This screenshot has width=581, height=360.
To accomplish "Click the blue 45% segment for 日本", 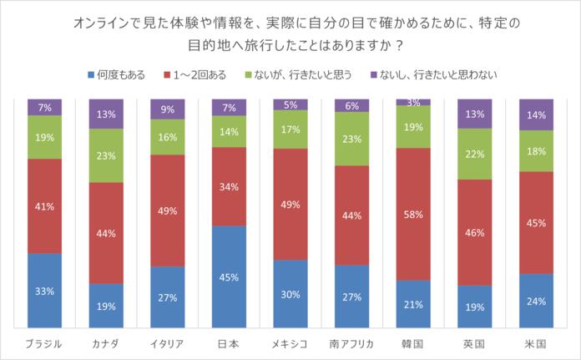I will pyautogui.click(x=228, y=276).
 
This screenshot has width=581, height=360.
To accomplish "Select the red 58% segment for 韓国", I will pyautogui.click(x=412, y=214).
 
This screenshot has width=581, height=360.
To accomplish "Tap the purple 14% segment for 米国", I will pyautogui.click(x=535, y=114).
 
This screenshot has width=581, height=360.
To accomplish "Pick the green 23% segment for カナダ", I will pyautogui.click(x=105, y=155).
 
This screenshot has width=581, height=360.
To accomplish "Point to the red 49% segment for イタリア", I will pyautogui.click(x=167, y=210).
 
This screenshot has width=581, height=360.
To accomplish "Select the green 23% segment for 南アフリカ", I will pyautogui.click(x=351, y=139).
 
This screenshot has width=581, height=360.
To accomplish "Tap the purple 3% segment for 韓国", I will pyautogui.click(x=412, y=102).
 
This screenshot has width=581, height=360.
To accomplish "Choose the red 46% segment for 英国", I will pyautogui.click(x=474, y=232).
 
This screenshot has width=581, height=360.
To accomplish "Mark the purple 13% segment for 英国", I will pyautogui.click(x=474, y=113).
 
